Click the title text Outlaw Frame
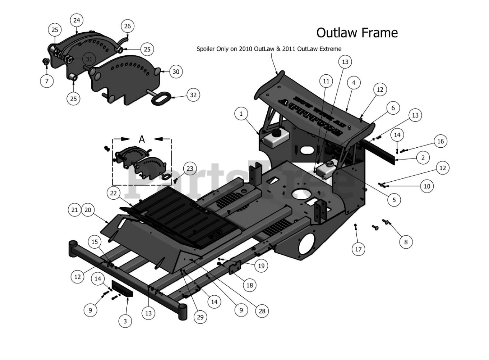click(357, 33)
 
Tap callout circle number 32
click(193, 95)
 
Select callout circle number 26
click(128, 26)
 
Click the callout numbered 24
click(77, 20)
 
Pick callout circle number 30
click(176, 71)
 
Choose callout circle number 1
click(241, 113)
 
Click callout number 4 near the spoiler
click(354, 82)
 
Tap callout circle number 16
click(440, 141)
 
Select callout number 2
click(423, 157)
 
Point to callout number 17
click(358, 249)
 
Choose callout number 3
click(125, 321)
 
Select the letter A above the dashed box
click(142, 139)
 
